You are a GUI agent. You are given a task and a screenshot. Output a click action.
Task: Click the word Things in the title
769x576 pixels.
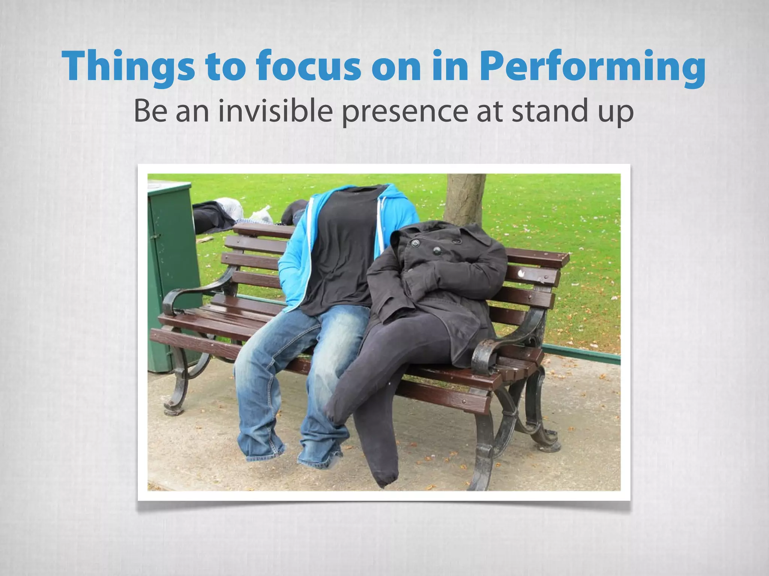[128, 66]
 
